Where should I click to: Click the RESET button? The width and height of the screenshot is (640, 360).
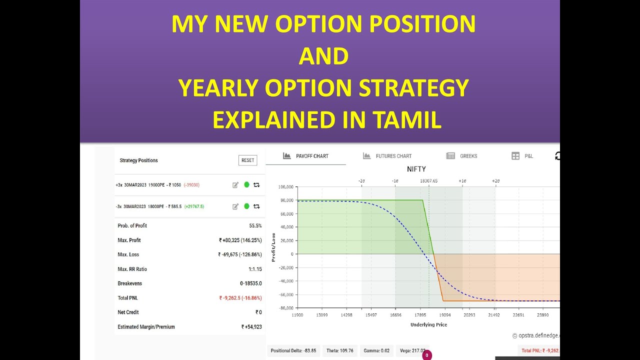[247, 160]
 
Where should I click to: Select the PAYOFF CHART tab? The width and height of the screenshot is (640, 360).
[305, 156]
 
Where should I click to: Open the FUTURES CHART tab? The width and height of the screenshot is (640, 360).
[387, 156]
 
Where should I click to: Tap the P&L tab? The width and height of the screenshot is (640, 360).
[522, 156]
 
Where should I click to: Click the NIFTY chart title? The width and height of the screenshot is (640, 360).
[416, 169]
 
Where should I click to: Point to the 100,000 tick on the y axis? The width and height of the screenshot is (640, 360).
[286, 187]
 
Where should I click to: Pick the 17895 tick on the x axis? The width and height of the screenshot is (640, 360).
[420, 315]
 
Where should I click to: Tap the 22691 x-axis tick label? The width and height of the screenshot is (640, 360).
[518, 315]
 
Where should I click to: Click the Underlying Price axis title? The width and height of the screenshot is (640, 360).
[428, 324]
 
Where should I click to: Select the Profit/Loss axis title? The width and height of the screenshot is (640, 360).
[273, 247]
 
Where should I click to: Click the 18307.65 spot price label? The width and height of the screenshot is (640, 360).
[428, 180]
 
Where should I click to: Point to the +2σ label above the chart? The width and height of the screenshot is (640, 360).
[495, 180]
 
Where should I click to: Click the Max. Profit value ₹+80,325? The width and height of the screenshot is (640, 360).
[240, 240]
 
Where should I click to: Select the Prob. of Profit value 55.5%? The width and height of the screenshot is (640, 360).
[255, 226]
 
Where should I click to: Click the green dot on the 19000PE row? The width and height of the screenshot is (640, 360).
[246, 185]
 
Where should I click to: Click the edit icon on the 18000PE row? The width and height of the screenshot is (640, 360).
[235, 206]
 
